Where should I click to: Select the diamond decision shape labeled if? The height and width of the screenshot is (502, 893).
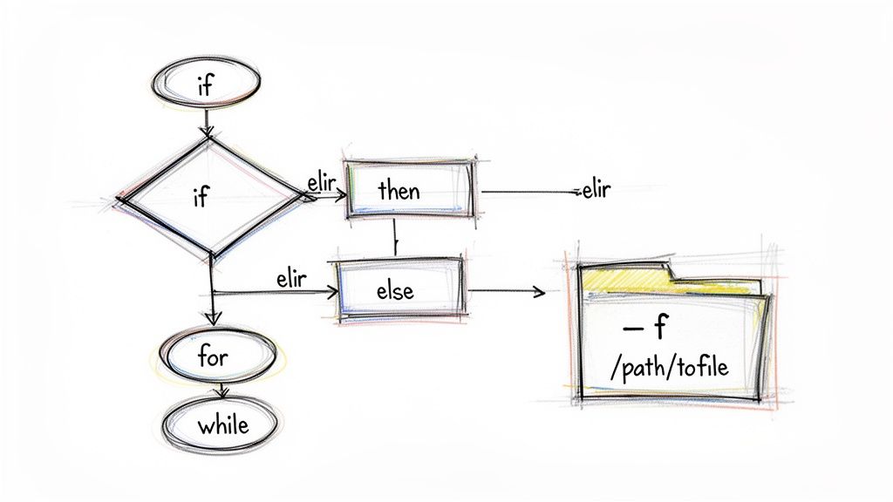coord(206,197)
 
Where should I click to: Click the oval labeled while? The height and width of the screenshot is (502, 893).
coord(222,425)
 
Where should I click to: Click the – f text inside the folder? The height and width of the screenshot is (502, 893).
coord(646,329)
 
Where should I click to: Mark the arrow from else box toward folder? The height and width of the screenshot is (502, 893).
coord(506,291)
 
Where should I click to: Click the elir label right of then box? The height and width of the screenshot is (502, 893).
coord(594,190)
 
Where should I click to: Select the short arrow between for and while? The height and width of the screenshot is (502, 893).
coord(225,390)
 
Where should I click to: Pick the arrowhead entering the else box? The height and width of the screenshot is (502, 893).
coord(332,293)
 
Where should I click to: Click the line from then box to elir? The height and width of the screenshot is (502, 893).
coord(528,192)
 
